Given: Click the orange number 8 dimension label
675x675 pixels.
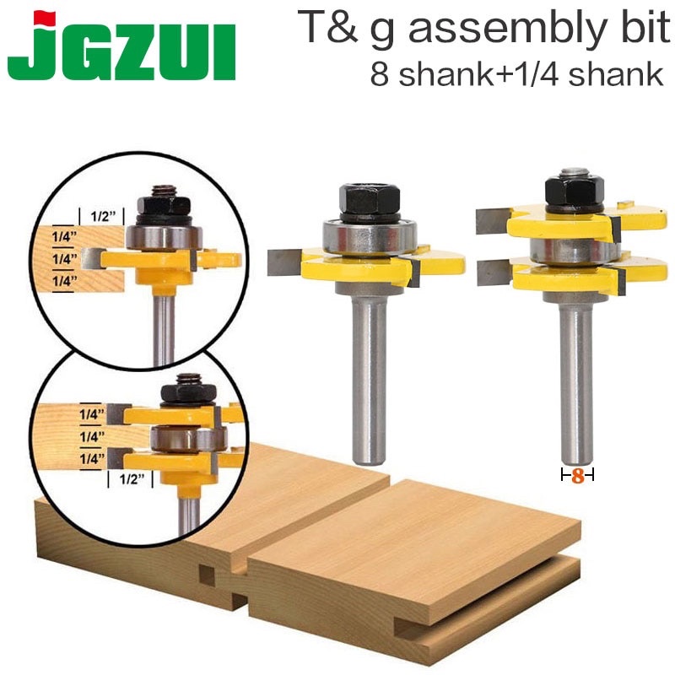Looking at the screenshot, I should coord(578,476).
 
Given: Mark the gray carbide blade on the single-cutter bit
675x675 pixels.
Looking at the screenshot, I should coord(283,262).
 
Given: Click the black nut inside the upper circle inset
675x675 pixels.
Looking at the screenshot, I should coord(160,202).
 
